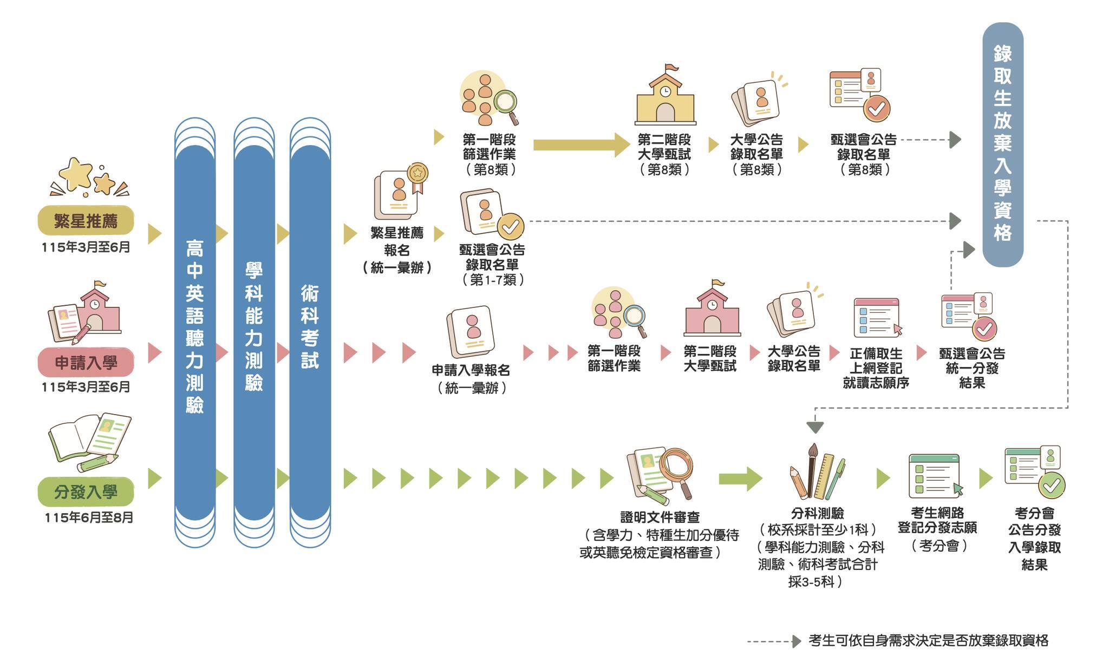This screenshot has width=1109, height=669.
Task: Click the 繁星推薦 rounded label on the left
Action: click(86, 221)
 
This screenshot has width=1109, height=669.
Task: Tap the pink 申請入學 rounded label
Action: click(86, 362)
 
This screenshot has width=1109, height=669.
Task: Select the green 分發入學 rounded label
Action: click(86, 492)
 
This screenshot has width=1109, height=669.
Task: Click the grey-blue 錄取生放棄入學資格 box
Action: click(1002, 144)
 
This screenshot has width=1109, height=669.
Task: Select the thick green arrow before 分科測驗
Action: click(740, 479)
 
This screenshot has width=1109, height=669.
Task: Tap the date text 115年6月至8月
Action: click(89, 517)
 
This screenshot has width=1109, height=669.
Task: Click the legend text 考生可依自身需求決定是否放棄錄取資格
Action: click(928, 641)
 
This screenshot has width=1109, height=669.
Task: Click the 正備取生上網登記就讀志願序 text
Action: click(876, 368)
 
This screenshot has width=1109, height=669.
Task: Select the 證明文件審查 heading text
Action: click(660, 517)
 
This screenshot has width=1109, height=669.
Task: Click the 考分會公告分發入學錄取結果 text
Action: click(1034, 539)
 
